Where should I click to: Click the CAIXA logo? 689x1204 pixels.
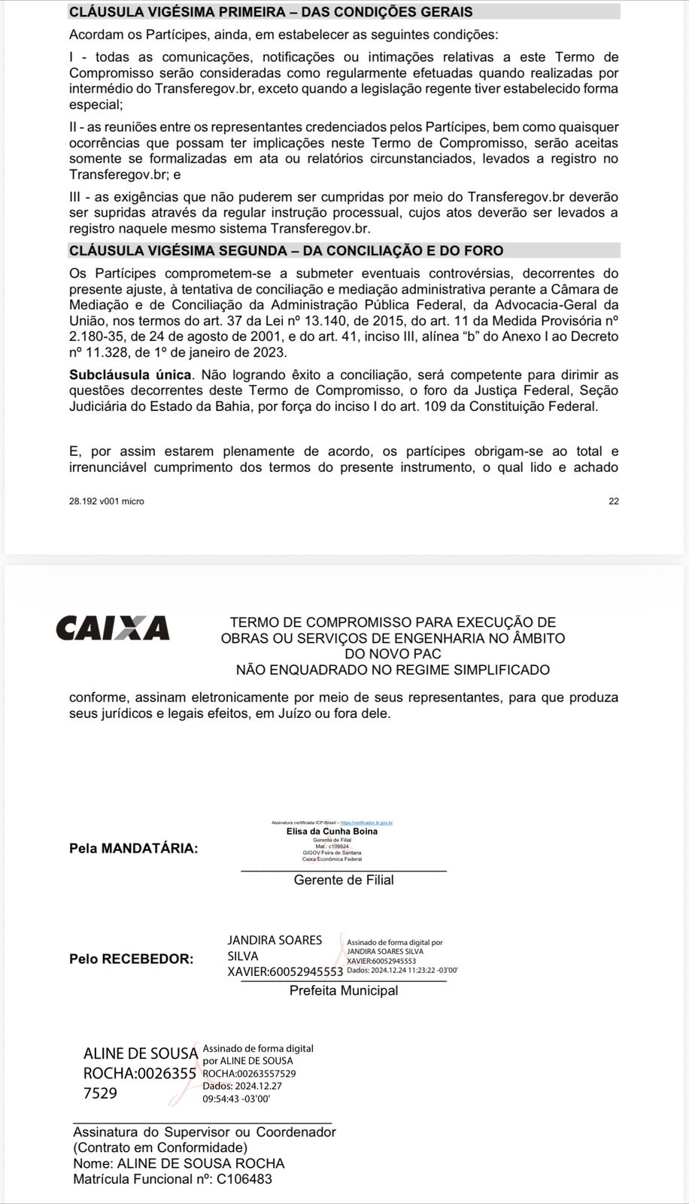click(x=113, y=628)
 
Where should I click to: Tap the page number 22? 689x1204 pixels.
click(x=614, y=501)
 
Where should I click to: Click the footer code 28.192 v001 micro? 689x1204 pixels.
click(x=107, y=501)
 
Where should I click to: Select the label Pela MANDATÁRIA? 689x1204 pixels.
click(x=134, y=849)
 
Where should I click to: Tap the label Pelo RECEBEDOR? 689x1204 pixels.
click(x=131, y=959)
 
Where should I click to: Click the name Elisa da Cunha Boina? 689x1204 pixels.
click(x=332, y=832)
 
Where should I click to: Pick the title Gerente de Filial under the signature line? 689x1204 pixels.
click(x=344, y=880)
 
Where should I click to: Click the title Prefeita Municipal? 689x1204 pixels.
click(x=344, y=991)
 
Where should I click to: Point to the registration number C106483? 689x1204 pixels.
click(x=244, y=1179)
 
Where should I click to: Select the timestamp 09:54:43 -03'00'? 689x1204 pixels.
click(x=236, y=1099)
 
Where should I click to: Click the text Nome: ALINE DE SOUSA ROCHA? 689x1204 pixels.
click(x=179, y=1163)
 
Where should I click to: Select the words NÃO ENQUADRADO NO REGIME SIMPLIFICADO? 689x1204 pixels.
click(x=393, y=670)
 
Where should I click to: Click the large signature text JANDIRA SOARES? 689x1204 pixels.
click(x=275, y=941)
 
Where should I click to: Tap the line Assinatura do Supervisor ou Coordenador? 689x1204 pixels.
click(x=205, y=1132)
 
